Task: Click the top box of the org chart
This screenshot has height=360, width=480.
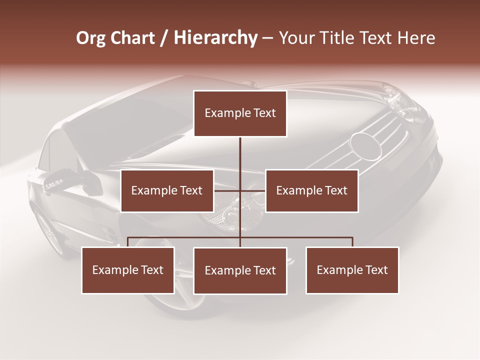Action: (240, 113)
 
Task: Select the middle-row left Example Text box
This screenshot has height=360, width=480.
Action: (167, 190)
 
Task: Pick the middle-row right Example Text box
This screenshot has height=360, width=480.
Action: (311, 190)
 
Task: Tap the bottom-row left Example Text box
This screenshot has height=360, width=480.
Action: (128, 270)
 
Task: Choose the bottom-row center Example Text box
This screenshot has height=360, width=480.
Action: (240, 270)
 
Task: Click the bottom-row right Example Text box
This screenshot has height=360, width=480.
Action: (352, 270)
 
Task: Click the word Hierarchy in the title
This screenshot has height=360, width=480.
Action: (215, 38)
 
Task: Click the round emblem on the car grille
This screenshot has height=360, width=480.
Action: (365, 144)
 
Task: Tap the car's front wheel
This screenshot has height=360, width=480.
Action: (47, 230)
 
